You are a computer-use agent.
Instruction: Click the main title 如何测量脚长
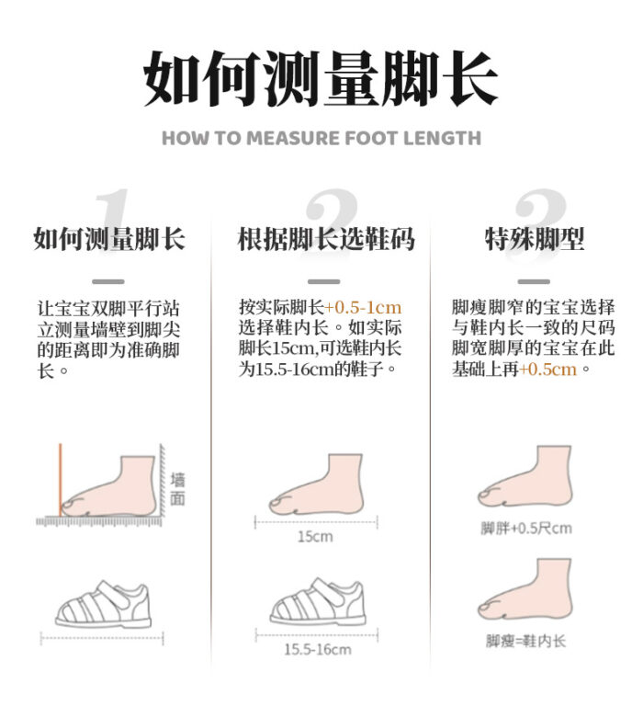click(x=321, y=78)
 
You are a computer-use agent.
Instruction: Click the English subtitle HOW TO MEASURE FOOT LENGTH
click(x=321, y=138)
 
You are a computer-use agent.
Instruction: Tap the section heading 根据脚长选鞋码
click(x=326, y=239)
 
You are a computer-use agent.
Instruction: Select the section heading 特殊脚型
click(x=534, y=239)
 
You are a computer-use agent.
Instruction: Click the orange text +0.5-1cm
click(x=363, y=307)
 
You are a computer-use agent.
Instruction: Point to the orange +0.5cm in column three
click(x=547, y=370)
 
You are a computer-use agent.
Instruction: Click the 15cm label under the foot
click(x=315, y=536)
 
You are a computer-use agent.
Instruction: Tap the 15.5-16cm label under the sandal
click(x=317, y=649)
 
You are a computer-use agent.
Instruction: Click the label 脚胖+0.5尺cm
click(x=526, y=528)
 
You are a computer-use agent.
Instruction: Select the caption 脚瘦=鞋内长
click(x=525, y=640)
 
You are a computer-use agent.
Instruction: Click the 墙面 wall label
click(x=177, y=488)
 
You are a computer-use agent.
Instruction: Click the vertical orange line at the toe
click(x=61, y=480)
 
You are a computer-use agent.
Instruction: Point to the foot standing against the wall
click(x=109, y=486)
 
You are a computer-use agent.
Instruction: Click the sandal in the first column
click(x=103, y=604)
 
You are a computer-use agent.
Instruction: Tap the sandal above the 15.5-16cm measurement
click(x=317, y=601)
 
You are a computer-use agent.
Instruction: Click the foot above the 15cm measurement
click(x=316, y=484)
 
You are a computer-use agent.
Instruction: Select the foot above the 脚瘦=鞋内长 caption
click(x=525, y=588)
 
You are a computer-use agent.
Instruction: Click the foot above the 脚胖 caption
click(x=525, y=476)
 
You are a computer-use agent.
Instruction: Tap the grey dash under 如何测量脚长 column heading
click(x=108, y=281)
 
